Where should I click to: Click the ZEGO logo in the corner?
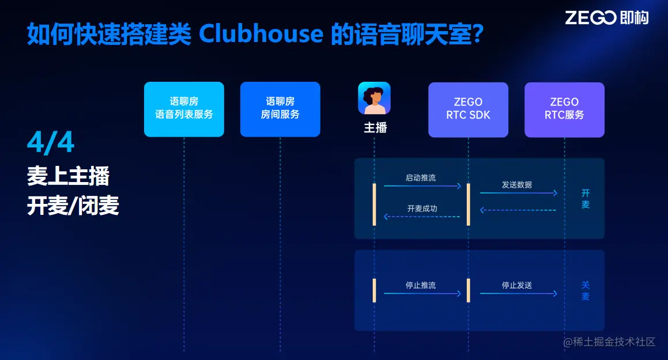coord(606,18)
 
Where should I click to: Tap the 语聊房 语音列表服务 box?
coord(184,108)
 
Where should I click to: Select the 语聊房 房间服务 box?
coord(280,108)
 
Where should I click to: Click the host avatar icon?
coord(375,98)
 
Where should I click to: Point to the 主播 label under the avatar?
coord(375,127)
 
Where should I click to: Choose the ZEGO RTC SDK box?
coord(468,109)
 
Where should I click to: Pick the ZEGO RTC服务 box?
coord(564,109)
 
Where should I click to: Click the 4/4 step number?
coord(51,142)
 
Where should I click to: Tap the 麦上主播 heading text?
coord(68,176)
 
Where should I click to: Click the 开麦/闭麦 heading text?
coord(73,206)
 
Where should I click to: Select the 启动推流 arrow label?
coord(421,178)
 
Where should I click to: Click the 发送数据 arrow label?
coord(517,185)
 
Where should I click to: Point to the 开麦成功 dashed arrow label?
coord(422,209)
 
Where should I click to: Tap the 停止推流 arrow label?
coord(421,285)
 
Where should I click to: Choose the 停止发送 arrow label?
coord(517,285)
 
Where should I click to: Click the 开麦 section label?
coord(586,199)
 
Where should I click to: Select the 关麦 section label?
coord(586,291)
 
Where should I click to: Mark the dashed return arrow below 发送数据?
coord(518,210)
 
